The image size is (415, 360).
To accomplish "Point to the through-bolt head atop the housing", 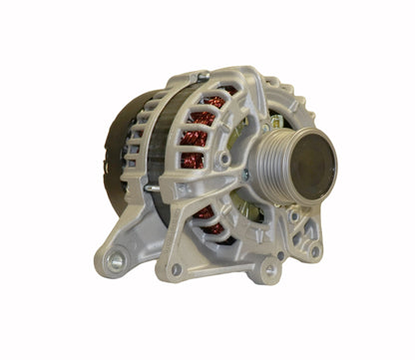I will click(x=203, y=76).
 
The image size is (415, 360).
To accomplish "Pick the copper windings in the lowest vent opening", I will click(x=211, y=227).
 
